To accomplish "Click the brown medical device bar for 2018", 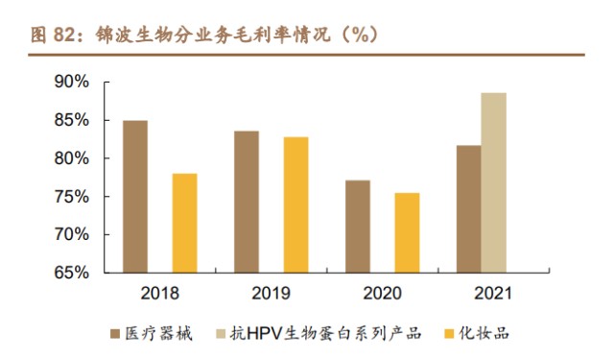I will [x=135, y=197].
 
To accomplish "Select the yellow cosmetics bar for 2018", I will [x=184, y=223].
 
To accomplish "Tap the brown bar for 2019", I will [x=247, y=202].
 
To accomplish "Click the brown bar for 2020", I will [x=358, y=227].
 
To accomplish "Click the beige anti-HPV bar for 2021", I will [x=493, y=182].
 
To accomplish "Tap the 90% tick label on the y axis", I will [x=70, y=83].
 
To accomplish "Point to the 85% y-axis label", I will [x=70, y=121].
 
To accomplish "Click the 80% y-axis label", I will [x=70, y=158].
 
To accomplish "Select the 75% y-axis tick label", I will [x=70, y=197].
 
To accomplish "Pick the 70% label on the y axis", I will [x=70, y=234].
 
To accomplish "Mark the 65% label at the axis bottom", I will [x=70, y=273].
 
